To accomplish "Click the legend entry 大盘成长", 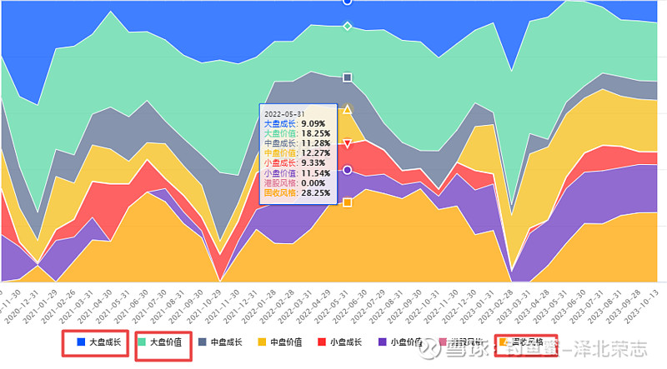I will (98, 342).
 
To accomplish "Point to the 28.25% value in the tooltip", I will (316, 192).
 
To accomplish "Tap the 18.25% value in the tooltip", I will (316, 132).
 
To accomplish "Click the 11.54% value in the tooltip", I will (316, 172).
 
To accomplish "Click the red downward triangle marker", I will (348, 144).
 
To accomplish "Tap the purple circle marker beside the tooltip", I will (348, 170).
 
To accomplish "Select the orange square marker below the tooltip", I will (348, 202).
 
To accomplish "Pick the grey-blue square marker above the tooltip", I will (348, 77).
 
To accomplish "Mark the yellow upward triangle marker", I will (348, 109).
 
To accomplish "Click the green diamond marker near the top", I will (348, 26).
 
